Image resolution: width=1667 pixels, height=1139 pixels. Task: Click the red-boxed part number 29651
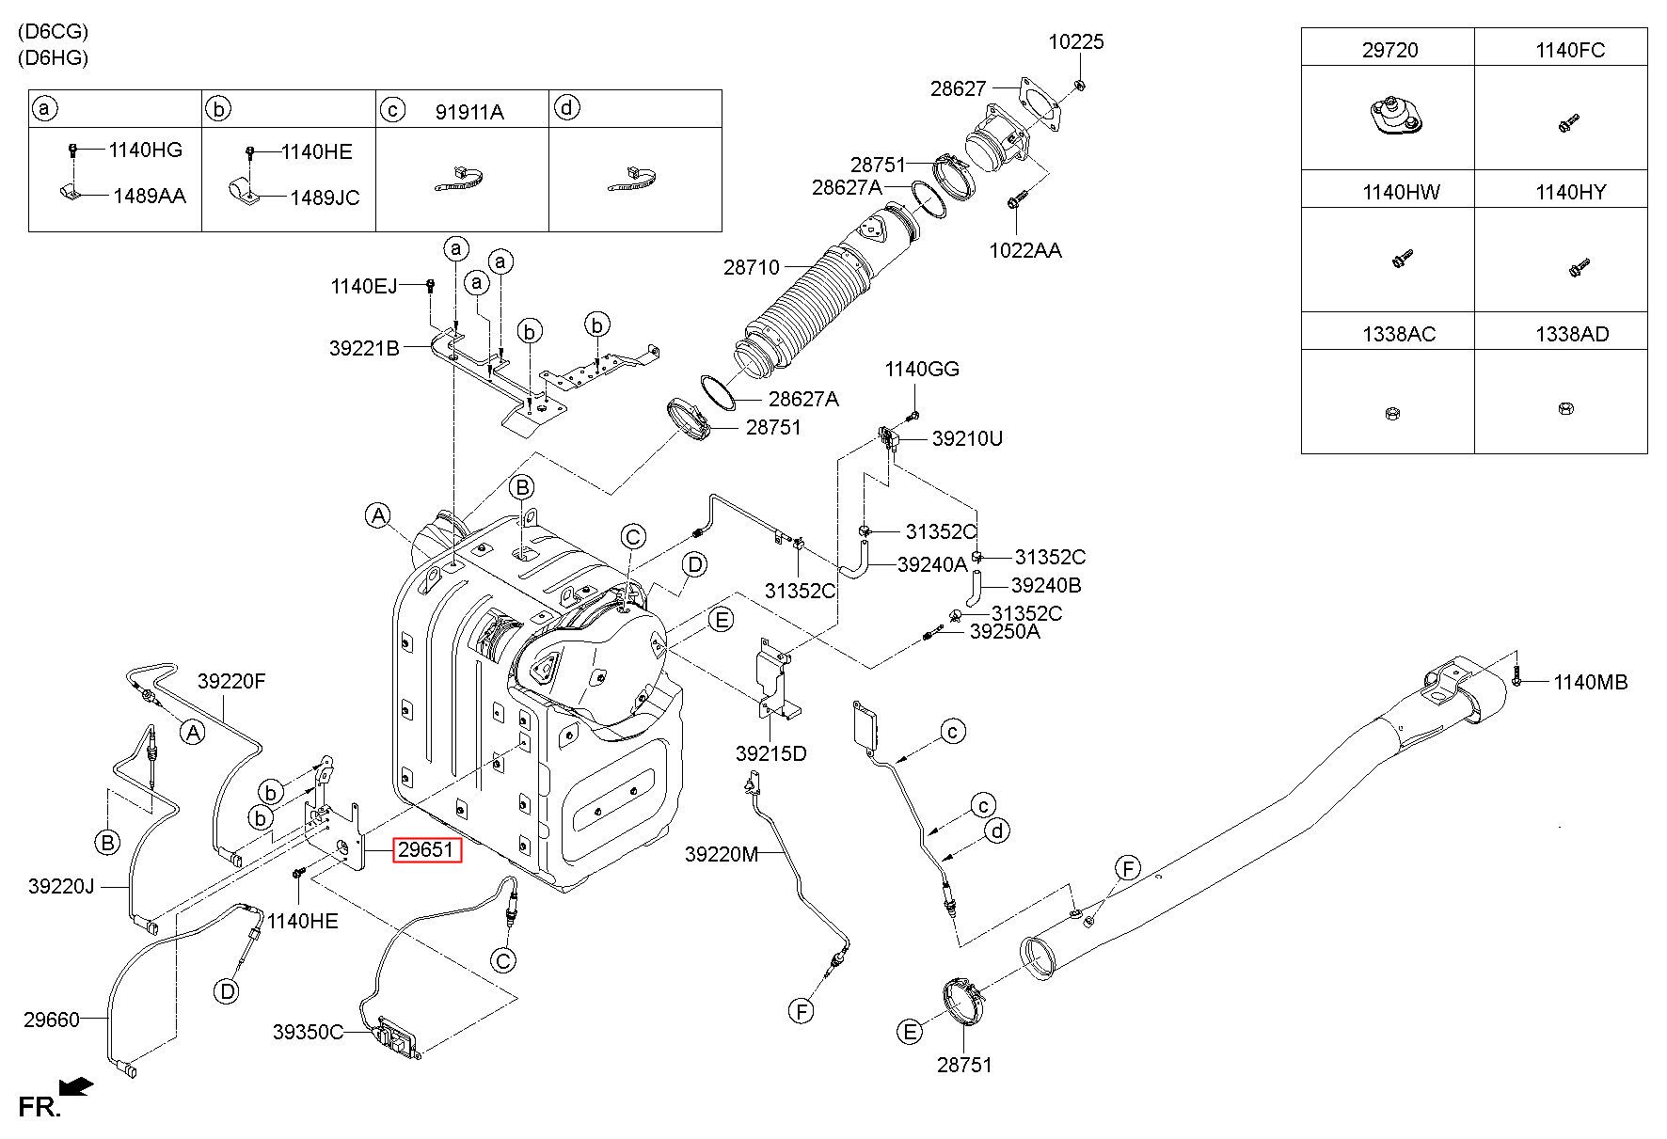426,850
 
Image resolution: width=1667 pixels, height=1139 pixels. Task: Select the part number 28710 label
752,267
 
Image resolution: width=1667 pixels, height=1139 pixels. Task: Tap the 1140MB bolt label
1590,683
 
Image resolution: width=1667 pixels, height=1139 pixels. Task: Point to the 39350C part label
309,1032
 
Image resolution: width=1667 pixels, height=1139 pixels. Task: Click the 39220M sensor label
721,854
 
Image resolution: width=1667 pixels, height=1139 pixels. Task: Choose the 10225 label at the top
1077,41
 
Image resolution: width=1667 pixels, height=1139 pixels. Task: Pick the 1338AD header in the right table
1572,333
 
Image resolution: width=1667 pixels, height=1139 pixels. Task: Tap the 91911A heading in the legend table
469,113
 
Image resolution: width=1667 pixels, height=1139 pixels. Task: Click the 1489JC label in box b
325,198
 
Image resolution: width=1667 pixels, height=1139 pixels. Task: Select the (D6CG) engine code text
53,31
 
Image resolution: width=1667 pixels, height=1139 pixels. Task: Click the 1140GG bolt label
922,370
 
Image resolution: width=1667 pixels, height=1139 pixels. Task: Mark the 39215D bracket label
771,753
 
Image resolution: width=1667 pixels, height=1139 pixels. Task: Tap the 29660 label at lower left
52,1019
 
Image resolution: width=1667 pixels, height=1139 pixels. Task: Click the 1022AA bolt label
1025,250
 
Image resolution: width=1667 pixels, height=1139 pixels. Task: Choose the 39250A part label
1006,632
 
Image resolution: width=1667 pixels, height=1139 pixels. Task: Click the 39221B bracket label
364,348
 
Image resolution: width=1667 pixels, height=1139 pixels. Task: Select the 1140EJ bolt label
364,286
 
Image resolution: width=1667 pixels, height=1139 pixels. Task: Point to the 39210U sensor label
968,438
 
